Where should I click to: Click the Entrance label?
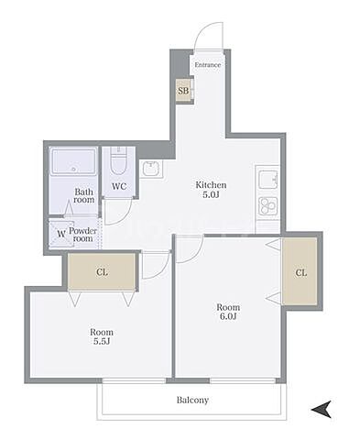(208, 65)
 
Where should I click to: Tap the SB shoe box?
(184, 91)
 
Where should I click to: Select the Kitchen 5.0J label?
(211, 190)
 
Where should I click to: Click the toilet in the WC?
(118, 161)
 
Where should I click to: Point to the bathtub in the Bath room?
(73, 162)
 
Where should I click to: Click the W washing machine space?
(61, 234)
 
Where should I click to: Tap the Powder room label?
(82, 235)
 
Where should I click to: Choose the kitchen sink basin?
(268, 180)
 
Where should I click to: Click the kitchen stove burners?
(268, 205)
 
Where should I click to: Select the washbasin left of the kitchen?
(151, 169)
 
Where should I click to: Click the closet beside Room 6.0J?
(300, 271)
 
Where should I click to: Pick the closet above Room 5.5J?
(102, 271)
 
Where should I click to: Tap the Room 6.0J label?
(228, 312)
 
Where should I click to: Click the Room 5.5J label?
(102, 336)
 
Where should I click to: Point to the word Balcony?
(192, 400)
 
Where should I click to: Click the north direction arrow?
(321, 410)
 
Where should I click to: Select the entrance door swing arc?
(202, 29)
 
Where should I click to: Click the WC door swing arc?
(125, 217)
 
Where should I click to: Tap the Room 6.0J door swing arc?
(196, 254)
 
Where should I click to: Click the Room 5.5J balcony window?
(135, 380)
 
